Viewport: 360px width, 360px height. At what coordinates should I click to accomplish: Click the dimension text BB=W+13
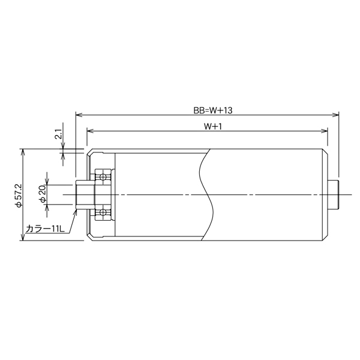pos(213,110)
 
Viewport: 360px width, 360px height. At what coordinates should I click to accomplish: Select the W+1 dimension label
pos(213,127)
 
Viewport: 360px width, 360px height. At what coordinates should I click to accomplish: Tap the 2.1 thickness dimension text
pos(59,134)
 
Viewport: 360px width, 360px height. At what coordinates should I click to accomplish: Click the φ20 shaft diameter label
pos(43,194)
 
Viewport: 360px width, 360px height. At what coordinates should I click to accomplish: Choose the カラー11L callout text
pos(46,229)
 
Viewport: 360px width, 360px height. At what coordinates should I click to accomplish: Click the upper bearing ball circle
pos(103,177)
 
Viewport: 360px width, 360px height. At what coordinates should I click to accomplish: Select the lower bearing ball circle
pos(103,212)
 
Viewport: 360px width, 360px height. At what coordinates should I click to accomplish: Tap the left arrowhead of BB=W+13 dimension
pos(79,115)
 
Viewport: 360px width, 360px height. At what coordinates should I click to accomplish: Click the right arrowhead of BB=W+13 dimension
pos(335,115)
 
